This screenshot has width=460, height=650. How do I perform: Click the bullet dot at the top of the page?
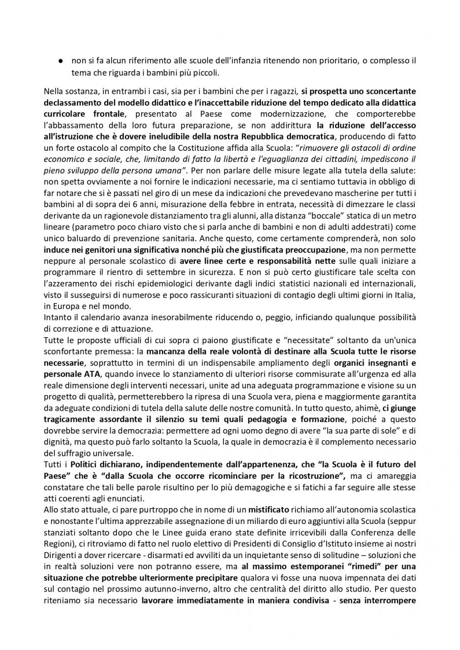tap(60, 61)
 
